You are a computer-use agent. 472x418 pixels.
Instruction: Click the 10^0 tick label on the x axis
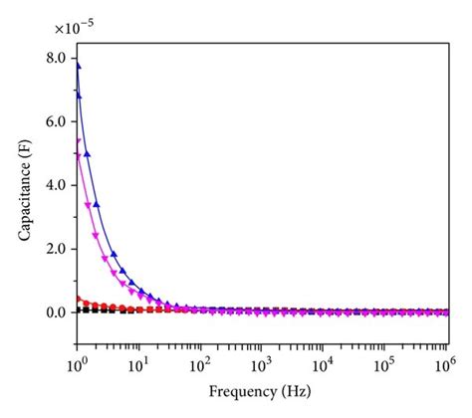tap(77, 361)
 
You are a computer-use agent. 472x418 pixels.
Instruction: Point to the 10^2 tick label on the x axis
tap(200, 361)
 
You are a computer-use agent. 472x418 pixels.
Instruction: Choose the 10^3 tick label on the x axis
tap(262, 361)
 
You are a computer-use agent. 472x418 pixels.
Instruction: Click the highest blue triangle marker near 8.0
tap(77, 67)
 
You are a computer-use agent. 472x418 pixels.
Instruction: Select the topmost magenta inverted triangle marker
tap(78, 141)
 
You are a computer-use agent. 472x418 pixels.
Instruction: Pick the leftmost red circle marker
tap(77, 299)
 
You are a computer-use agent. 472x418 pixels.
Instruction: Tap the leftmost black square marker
tap(77, 311)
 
